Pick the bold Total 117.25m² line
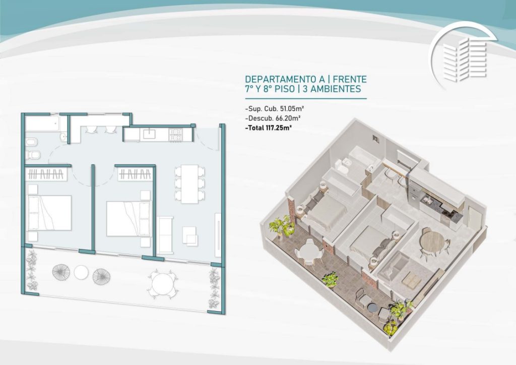click(269, 128)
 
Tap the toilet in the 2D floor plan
click(33, 154)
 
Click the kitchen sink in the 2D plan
click(149, 134)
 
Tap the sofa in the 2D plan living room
click(165, 235)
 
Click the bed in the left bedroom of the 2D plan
click(49, 213)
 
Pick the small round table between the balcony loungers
click(81, 272)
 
